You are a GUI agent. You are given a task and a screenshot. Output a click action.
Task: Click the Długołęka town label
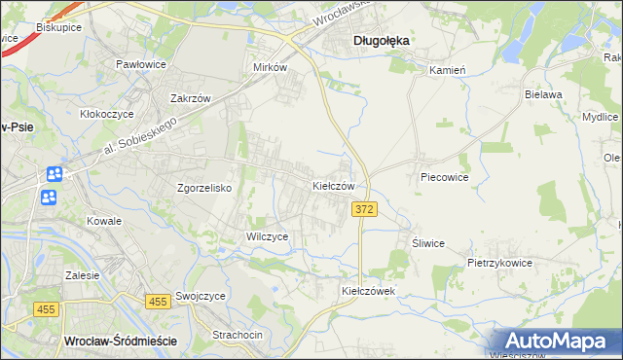381,41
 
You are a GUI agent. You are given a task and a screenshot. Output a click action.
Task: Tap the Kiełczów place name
339,185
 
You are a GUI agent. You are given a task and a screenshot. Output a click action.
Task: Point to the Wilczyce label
267,236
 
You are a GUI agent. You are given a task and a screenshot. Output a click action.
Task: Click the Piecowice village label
445,178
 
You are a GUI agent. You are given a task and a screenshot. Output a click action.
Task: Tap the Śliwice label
428,243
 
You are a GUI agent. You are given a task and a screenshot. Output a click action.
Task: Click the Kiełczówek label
367,291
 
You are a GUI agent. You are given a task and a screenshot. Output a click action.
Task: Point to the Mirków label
270,67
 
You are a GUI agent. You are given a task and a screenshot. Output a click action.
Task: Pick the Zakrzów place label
191,98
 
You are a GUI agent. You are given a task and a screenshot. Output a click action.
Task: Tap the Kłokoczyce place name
110,113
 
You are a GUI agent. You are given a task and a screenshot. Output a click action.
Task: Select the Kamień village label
449,70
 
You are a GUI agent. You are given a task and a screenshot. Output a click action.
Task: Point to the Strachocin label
238,335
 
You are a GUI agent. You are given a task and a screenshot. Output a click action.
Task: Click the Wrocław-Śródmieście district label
119,341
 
